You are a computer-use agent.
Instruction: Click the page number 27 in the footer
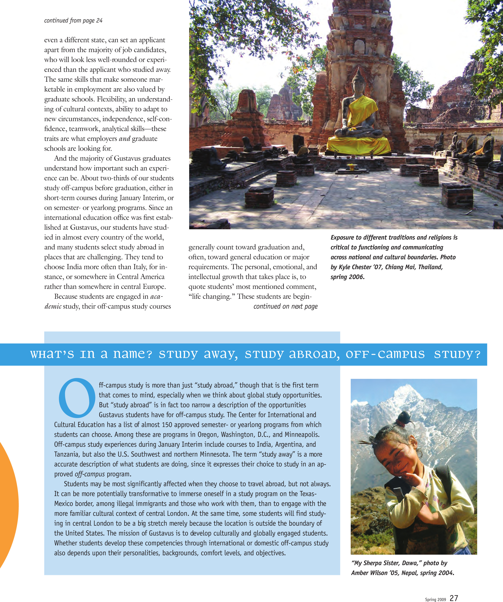click(454, 598)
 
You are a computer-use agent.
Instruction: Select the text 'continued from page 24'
click(73, 20)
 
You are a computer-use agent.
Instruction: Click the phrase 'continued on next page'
click(285, 306)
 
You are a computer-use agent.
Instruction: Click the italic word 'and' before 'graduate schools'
click(124, 139)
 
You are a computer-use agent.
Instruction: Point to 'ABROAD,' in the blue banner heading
click(314, 354)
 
